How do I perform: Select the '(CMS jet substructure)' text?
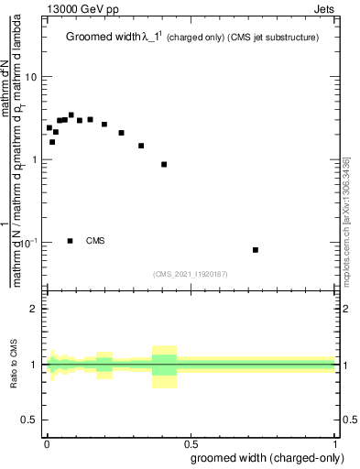(x=275, y=38)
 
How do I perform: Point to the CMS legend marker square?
(x=71, y=241)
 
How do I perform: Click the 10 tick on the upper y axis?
(x=31, y=77)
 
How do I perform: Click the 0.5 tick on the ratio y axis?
(x=31, y=420)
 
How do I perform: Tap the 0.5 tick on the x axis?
(x=190, y=444)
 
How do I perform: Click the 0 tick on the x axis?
(x=46, y=444)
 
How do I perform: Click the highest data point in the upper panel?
(x=71, y=115)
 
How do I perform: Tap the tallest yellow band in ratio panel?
(x=164, y=366)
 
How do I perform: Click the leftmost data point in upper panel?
(x=49, y=127)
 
